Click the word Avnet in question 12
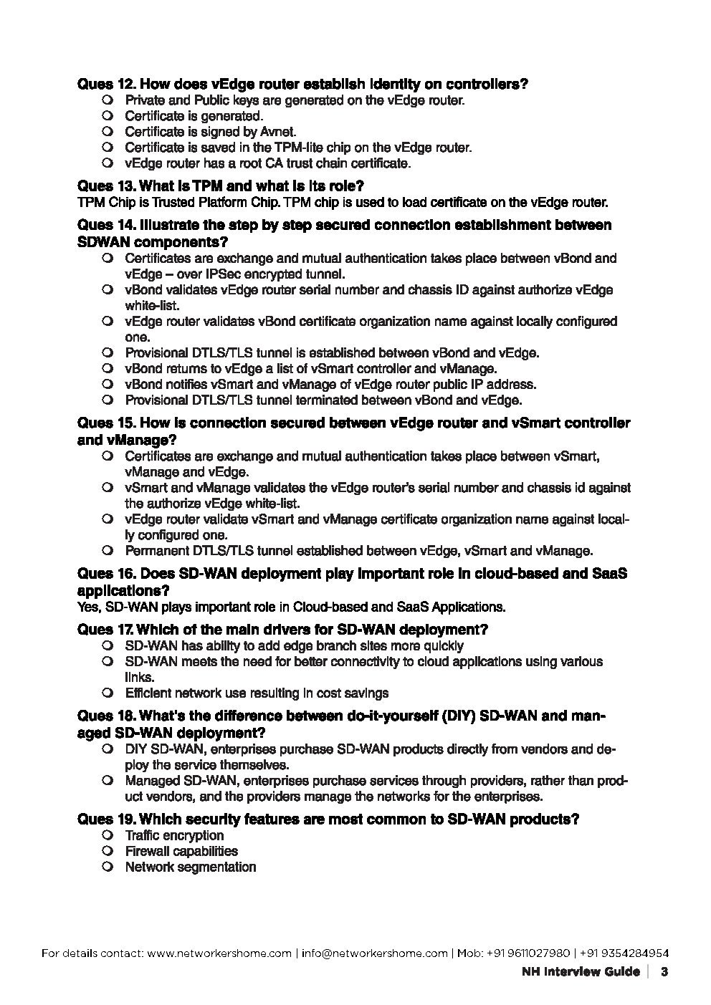click(277, 132)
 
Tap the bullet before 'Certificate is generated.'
click(108, 115)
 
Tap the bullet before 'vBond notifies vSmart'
click(108, 385)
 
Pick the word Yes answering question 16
click(88, 607)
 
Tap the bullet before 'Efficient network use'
click(108, 693)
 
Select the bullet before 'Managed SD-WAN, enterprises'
click(108, 781)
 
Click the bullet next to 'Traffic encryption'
click(108, 835)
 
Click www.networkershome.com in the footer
click(220, 953)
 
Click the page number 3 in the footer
click(664, 973)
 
